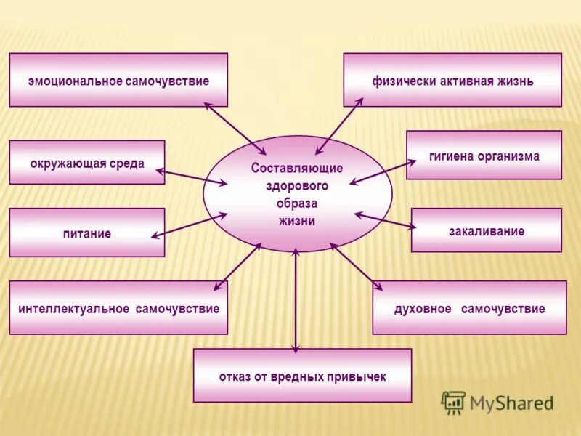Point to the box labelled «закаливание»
pyautogui.click(x=486, y=231)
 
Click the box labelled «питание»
pyautogui.click(x=86, y=233)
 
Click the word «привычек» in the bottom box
pyautogui.click(x=355, y=376)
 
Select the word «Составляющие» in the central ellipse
pyautogui.click(x=297, y=168)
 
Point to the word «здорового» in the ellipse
pyautogui.click(x=297, y=185)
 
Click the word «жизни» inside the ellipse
pyautogui.click(x=297, y=221)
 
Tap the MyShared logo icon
pyautogui.click(x=453, y=403)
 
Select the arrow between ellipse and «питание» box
pyautogui.click(x=189, y=225)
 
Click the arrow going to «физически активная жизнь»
pyautogui.click(x=339, y=126)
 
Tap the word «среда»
pyautogui.click(x=127, y=163)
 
